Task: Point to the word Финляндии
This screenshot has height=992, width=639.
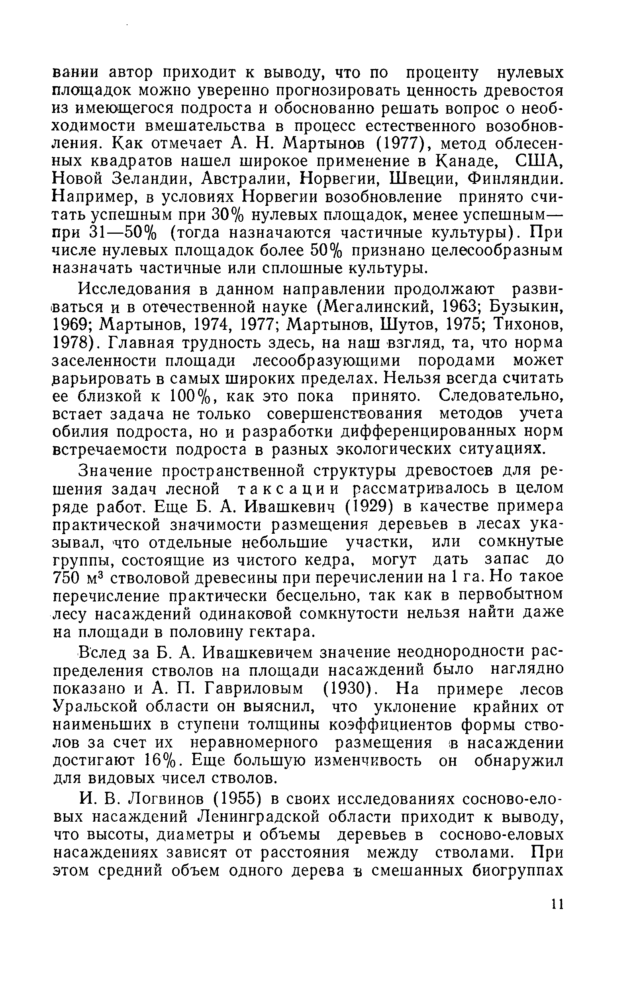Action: tap(516, 179)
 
